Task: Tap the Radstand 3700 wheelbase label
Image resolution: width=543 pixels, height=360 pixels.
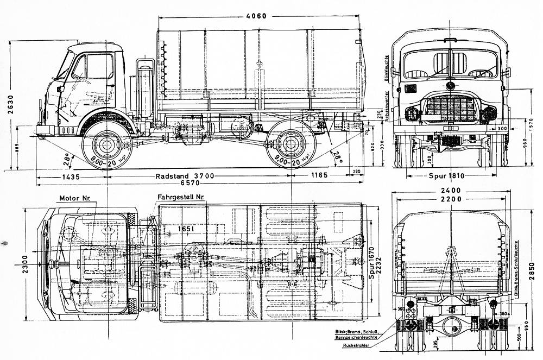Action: tap(185, 176)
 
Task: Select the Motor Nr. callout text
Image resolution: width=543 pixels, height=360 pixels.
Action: tap(74, 198)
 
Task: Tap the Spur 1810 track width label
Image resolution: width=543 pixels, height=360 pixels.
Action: tap(450, 175)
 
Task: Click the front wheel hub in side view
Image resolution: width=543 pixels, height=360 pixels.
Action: tap(105, 144)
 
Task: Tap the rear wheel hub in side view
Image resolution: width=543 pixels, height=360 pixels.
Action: tap(289, 144)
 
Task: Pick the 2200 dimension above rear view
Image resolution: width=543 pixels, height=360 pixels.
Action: tap(451, 200)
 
